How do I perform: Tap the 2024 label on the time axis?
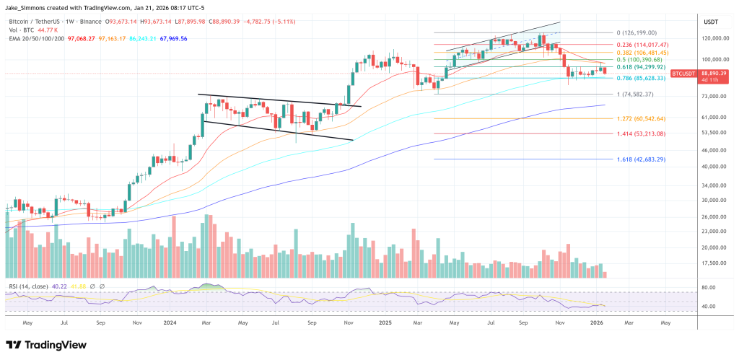click(170, 324)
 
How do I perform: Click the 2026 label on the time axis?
click(597, 324)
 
